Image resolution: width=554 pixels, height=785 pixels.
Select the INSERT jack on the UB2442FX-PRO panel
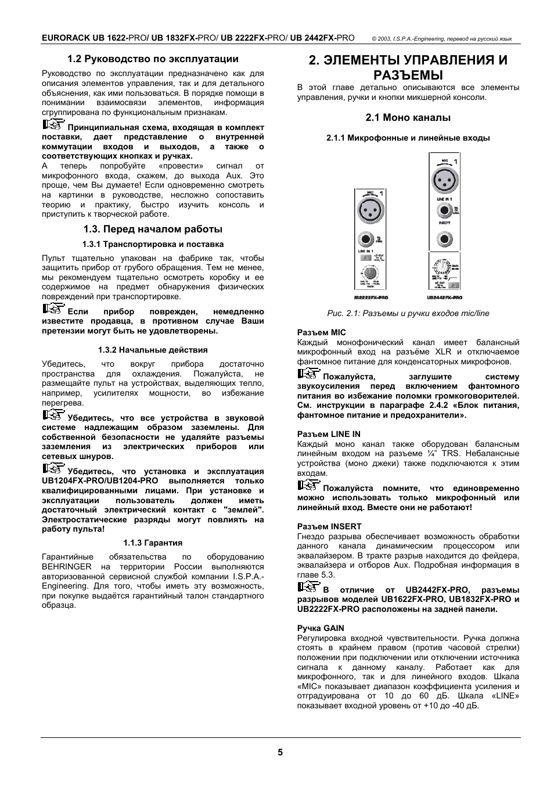(445, 238)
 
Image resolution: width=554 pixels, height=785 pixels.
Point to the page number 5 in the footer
(280, 752)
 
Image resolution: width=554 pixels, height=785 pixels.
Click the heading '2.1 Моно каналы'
(408, 117)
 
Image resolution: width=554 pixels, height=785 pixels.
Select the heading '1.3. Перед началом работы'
(153, 229)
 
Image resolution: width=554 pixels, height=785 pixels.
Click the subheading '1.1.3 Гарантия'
(153, 543)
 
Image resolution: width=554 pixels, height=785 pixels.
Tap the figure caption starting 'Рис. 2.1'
(408, 313)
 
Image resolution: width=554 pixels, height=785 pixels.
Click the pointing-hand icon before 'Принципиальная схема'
(53, 125)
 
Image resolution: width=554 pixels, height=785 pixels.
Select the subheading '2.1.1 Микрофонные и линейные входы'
(408, 138)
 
